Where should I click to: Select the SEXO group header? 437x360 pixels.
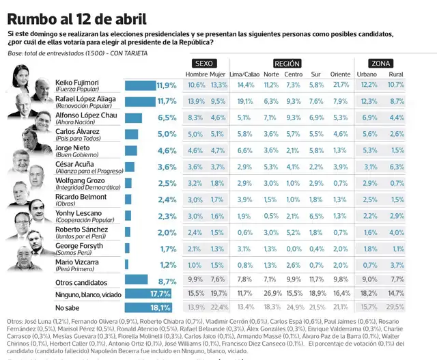[207, 62]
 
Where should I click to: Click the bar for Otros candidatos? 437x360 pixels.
[136, 280]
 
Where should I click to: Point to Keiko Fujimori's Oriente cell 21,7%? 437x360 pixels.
[340, 85]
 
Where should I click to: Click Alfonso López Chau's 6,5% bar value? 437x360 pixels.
[167, 117]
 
